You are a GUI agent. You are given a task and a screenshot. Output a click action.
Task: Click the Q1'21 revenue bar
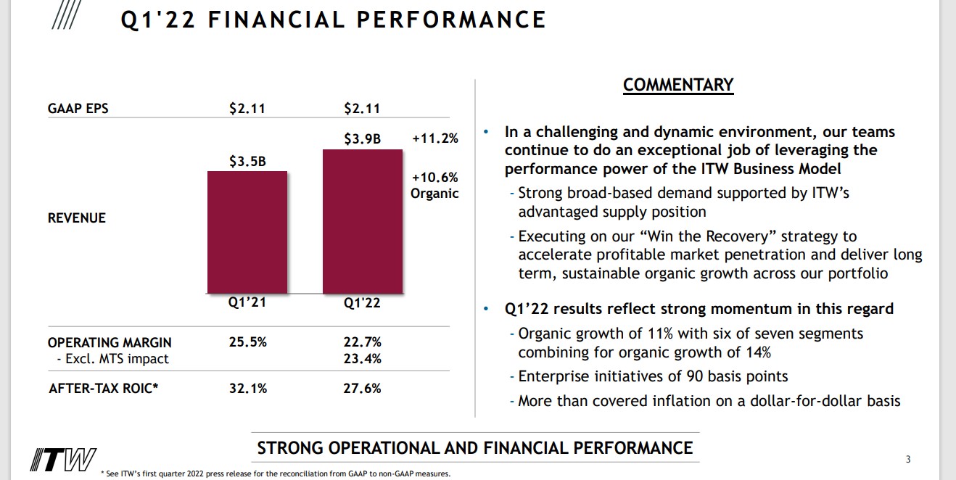[247, 232]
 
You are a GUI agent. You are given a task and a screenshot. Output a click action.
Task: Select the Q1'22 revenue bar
[363, 221]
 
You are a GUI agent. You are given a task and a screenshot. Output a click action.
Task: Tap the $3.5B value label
[247, 162]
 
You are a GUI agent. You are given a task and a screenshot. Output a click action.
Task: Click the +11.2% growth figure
[434, 138]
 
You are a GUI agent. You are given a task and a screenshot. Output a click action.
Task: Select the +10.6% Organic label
[434, 186]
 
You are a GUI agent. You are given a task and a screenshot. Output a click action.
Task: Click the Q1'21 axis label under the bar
[247, 302]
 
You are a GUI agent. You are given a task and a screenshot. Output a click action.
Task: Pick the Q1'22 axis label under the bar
[362, 302]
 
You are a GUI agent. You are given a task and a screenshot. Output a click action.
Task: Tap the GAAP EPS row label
[78, 109]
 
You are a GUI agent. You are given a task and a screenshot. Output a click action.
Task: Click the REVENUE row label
[77, 218]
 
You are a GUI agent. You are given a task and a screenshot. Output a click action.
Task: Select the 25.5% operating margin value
[247, 342]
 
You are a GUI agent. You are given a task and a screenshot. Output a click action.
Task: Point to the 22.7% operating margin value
[362, 342]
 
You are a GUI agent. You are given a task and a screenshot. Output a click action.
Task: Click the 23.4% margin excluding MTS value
[362, 358]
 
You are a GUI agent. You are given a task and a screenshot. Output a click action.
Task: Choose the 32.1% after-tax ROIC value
[247, 389]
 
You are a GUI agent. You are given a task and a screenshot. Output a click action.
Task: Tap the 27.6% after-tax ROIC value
[362, 389]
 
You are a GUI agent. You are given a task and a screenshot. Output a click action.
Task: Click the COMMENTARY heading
[678, 85]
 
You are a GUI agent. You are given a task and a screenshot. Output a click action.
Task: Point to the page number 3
[908, 459]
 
